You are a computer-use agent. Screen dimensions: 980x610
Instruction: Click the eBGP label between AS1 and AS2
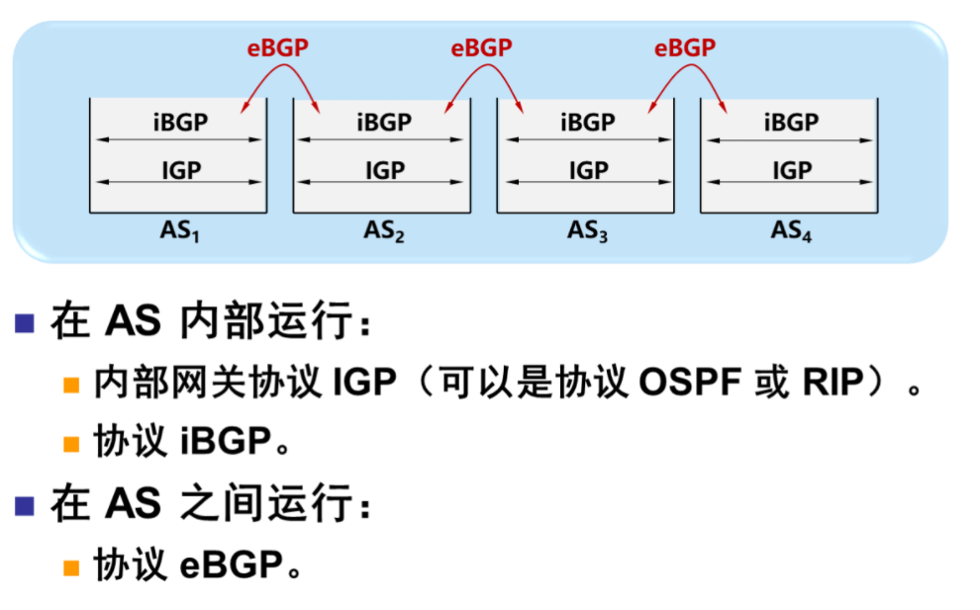pyautogui.click(x=278, y=47)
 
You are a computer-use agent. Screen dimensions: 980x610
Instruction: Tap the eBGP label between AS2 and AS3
pyautogui.click(x=481, y=47)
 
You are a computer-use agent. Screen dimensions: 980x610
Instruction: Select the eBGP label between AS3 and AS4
pyautogui.click(x=685, y=47)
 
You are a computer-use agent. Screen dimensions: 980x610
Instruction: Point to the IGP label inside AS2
pyautogui.click(x=384, y=170)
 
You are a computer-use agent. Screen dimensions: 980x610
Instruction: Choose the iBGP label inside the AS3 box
pyautogui.click(x=588, y=123)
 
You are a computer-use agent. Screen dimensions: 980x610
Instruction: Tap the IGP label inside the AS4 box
pyautogui.click(x=792, y=170)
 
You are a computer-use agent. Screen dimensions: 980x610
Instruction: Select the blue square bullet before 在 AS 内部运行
pyautogui.click(x=25, y=323)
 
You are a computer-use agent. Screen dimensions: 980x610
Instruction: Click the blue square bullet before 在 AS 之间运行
pyautogui.click(x=25, y=505)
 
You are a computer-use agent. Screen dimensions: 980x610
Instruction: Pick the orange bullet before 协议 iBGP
pyautogui.click(x=71, y=444)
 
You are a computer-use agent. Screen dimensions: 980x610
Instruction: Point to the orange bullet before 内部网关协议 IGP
pyautogui.click(x=71, y=385)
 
